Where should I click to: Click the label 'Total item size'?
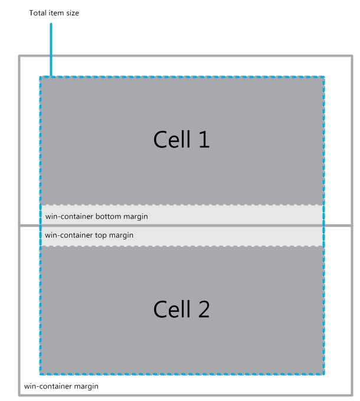pyautogui.click(x=54, y=13)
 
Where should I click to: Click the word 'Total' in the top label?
pyautogui.click(x=38, y=13)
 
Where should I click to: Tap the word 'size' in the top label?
pyautogui.click(x=73, y=13)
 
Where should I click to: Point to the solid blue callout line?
pyautogui.click(x=51, y=50)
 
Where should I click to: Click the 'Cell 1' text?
pyautogui.click(x=181, y=139)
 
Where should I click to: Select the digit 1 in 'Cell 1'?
pyautogui.click(x=204, y=139)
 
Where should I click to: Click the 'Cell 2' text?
pyautogui.click(x=181, y=309)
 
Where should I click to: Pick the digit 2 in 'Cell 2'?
pyautogui.click(x=204, y=309)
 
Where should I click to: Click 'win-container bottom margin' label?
pyautogui.click(x=96, y=216)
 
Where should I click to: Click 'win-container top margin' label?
pyautogui.click(x=89, y=235)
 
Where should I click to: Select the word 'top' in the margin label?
pyautogui.click(x=100, y=235)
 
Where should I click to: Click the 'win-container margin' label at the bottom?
pyautogui.click(x=61, y=386)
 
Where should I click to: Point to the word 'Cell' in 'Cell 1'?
pyautogui.click(x=172, y=139)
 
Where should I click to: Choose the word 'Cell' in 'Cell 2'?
pyautogui.click(x=172, y=309)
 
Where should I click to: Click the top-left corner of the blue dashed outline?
pyautogui.click(x=41, y=77)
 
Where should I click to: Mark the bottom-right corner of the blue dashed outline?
pyautogui.click(x=323, y=374)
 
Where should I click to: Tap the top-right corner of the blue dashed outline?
pyautogui.click(x=323, y=77)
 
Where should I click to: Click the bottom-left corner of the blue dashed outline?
pyautogui.click(x=41, y=374)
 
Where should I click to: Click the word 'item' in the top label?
pyautogui.click(x=56, y=13)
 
